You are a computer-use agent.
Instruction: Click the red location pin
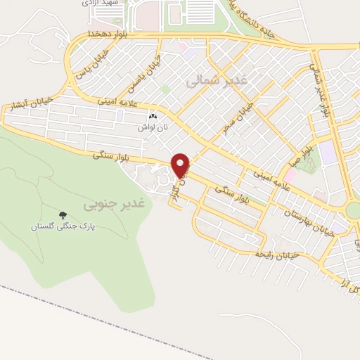(x=181, y=165)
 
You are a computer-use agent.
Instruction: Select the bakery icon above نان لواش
(x=153, y=117)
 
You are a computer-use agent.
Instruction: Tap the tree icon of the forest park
(x=63, y=215)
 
